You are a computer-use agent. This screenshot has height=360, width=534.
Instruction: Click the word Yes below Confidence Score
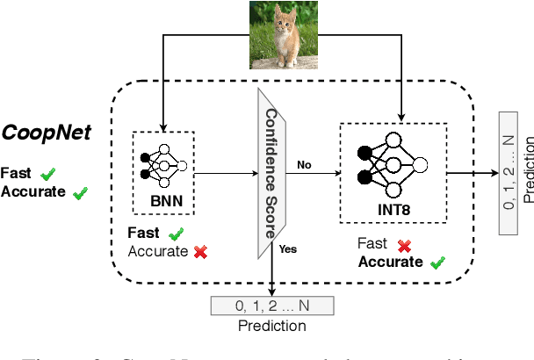(288, 248)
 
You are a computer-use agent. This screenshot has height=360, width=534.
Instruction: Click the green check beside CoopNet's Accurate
(81, 191)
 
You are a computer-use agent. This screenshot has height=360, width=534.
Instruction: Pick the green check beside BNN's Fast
(176, 234)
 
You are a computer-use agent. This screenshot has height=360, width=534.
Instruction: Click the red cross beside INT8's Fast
(406, 245)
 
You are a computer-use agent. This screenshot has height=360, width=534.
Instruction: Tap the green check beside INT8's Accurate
(436, 262)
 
